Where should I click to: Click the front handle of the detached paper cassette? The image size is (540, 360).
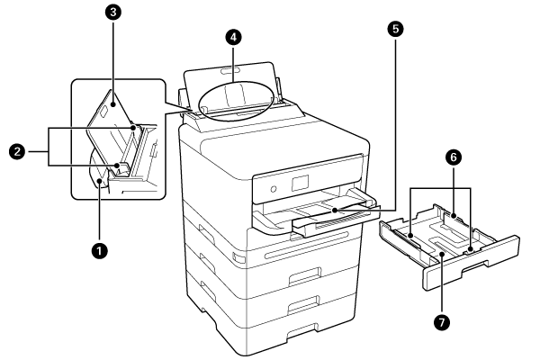[x=490, y=265]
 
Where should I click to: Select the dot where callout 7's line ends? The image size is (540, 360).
[x=443, y=256]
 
